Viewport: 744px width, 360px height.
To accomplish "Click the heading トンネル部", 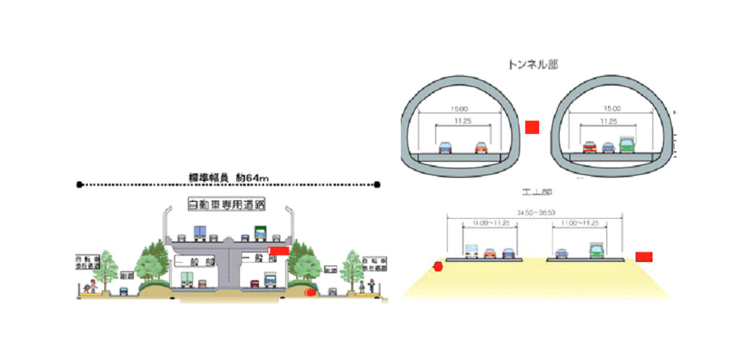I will tap(532, 64).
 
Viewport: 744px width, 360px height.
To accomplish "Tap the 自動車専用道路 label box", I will tap(226, 204).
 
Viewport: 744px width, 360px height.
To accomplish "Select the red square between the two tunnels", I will tap(532, 127).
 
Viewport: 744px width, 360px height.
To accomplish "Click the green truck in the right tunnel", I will tap(627, 144).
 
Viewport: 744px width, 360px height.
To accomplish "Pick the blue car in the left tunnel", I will tap(445, 147).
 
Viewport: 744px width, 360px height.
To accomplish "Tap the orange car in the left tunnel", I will tap(480, 147).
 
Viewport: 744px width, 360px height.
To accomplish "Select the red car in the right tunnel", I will tap(590, 146).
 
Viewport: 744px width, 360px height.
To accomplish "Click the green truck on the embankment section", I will tap(597, 251).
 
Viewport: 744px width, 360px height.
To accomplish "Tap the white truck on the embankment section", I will tap(471, 252).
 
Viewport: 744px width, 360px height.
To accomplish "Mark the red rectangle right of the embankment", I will tap(643, 257).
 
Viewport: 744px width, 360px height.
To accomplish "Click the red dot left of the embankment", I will tap(438, 266).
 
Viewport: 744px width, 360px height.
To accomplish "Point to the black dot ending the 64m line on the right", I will tap(377, 184).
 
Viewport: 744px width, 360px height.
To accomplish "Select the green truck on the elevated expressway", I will tap(260, 233).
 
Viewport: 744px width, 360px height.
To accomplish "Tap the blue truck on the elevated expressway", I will tap(200, 233).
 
